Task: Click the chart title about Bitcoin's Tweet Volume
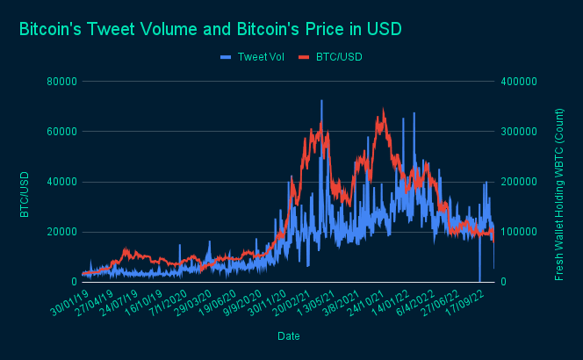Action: [209, 29]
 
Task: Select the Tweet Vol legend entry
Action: [253, 57]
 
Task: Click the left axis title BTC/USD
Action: [25, 194]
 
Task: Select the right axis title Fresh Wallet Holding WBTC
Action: [559, 194]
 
